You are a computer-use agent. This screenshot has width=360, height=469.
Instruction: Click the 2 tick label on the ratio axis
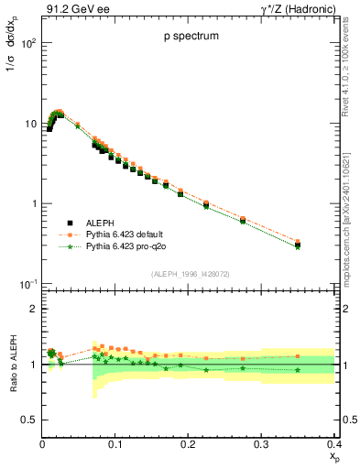pos(32,309)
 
